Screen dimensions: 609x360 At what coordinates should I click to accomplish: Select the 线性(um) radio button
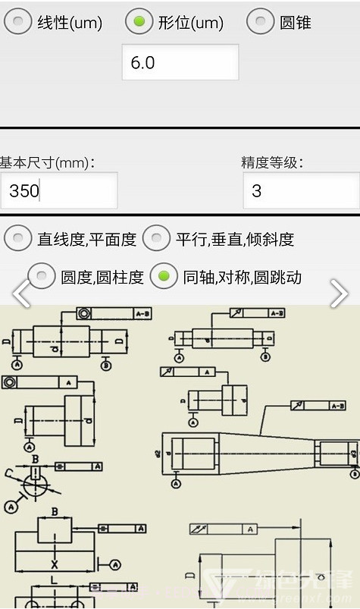[x=18, y=21]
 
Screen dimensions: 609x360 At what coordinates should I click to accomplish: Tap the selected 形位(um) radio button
[x=139, y=21]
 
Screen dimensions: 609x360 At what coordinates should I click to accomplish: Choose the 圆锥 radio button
[x=261, y=21]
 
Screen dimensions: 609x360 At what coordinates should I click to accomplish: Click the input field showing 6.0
[x=180, y=62]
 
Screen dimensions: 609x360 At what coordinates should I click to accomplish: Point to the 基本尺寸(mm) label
[x=47, y=162]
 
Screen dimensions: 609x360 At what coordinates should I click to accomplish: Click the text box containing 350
[x=59, y=190]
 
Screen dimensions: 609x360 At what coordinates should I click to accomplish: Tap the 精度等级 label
[x=272, y=162]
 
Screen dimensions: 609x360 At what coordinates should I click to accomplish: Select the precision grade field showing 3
[x=301, y=190]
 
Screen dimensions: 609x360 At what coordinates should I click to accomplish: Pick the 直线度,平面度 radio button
[x=18, y=239]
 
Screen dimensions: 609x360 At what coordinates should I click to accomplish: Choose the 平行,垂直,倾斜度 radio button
[x=157, y=239]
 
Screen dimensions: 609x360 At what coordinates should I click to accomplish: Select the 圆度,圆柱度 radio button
[x=42, y=276]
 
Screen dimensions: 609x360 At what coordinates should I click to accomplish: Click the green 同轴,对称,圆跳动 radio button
[x=164, y=276]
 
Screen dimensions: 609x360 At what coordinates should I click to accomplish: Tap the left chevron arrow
[x=21, y=294]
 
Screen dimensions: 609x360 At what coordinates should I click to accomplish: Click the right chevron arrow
[x=339, y=294]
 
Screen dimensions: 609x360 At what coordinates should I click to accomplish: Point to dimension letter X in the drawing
[x=54, y=564]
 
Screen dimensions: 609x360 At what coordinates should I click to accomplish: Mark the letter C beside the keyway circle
[x=9, y=473]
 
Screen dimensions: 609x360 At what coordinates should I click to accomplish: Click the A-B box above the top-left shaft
[x=142, y=312]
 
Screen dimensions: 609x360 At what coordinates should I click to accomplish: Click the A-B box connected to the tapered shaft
[x=338, y=407]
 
